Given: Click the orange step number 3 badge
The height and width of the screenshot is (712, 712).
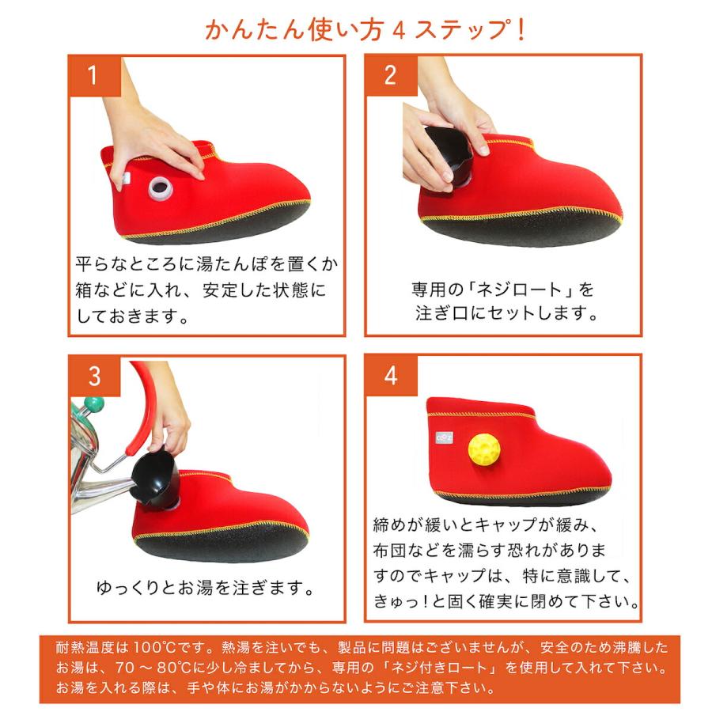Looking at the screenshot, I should [93, 376].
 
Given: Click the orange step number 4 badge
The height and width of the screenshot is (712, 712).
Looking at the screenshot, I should [390, 376].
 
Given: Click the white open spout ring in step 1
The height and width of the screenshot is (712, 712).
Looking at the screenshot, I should [161, 187].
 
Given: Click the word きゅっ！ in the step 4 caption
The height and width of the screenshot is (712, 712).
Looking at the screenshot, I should [400, 602].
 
